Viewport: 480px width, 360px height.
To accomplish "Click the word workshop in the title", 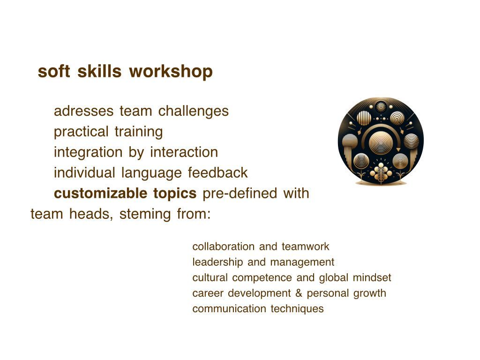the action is (171, 71).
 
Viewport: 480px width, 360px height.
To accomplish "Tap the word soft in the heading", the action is (54, 71).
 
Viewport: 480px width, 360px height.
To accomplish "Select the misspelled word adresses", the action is (83, 111).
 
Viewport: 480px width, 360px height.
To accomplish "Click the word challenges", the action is (194, 111).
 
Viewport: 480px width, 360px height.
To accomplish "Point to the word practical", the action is (81, 132).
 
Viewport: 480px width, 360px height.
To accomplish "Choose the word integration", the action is (88, 152).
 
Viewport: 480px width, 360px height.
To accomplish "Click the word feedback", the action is (217, 172).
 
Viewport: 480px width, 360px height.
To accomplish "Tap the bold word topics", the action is (175, 194).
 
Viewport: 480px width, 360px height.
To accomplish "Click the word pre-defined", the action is (240, 194).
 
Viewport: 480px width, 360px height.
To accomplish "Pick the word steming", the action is (145, 214).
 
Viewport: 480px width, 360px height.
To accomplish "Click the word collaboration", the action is (224, 247).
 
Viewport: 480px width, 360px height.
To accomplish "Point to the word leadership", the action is (217, 262).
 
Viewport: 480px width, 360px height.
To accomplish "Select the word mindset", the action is (372, 277).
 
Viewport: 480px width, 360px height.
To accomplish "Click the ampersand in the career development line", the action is (299, 293).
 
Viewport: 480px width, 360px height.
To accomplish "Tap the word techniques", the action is (297, 309).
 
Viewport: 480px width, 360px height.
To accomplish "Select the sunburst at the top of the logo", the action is (381, 107).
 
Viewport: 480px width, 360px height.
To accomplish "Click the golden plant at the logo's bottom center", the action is (381, 172).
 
